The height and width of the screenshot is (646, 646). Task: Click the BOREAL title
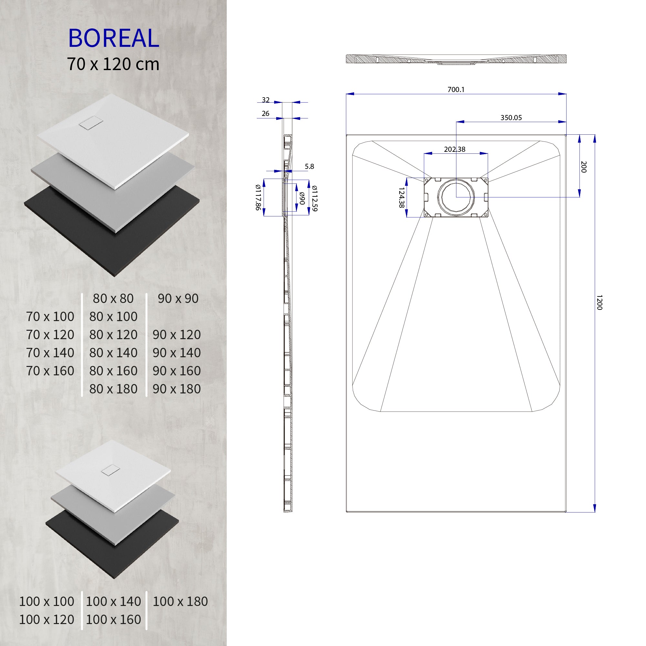(x=113, y=38)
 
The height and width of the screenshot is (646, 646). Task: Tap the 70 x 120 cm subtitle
(x=113, y=64)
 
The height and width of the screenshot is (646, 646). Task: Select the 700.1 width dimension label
(x=456, y=89)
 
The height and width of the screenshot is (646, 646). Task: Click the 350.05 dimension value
(x=511, y=118)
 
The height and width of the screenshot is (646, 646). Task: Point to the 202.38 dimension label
(x=454, y=150)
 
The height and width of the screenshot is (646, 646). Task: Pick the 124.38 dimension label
(x=401, y=198)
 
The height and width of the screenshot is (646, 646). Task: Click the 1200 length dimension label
(x=599, y=302)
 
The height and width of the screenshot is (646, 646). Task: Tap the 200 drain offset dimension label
(x=584, y=167)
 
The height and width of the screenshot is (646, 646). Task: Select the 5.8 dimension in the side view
(x=309, y=167)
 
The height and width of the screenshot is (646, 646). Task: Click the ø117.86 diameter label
(x=258, y=197)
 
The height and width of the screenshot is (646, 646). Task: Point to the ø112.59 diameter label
(x=314, y=198)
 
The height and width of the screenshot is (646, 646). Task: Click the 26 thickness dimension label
(x=266, y=114)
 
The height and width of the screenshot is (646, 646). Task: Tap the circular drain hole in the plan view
(x=456, y=197)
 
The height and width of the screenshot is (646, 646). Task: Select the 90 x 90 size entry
(x=178, y=298)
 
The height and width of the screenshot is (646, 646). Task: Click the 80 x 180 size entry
(x=113, y=389)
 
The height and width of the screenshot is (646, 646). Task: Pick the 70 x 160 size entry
(x=50, y=371)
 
